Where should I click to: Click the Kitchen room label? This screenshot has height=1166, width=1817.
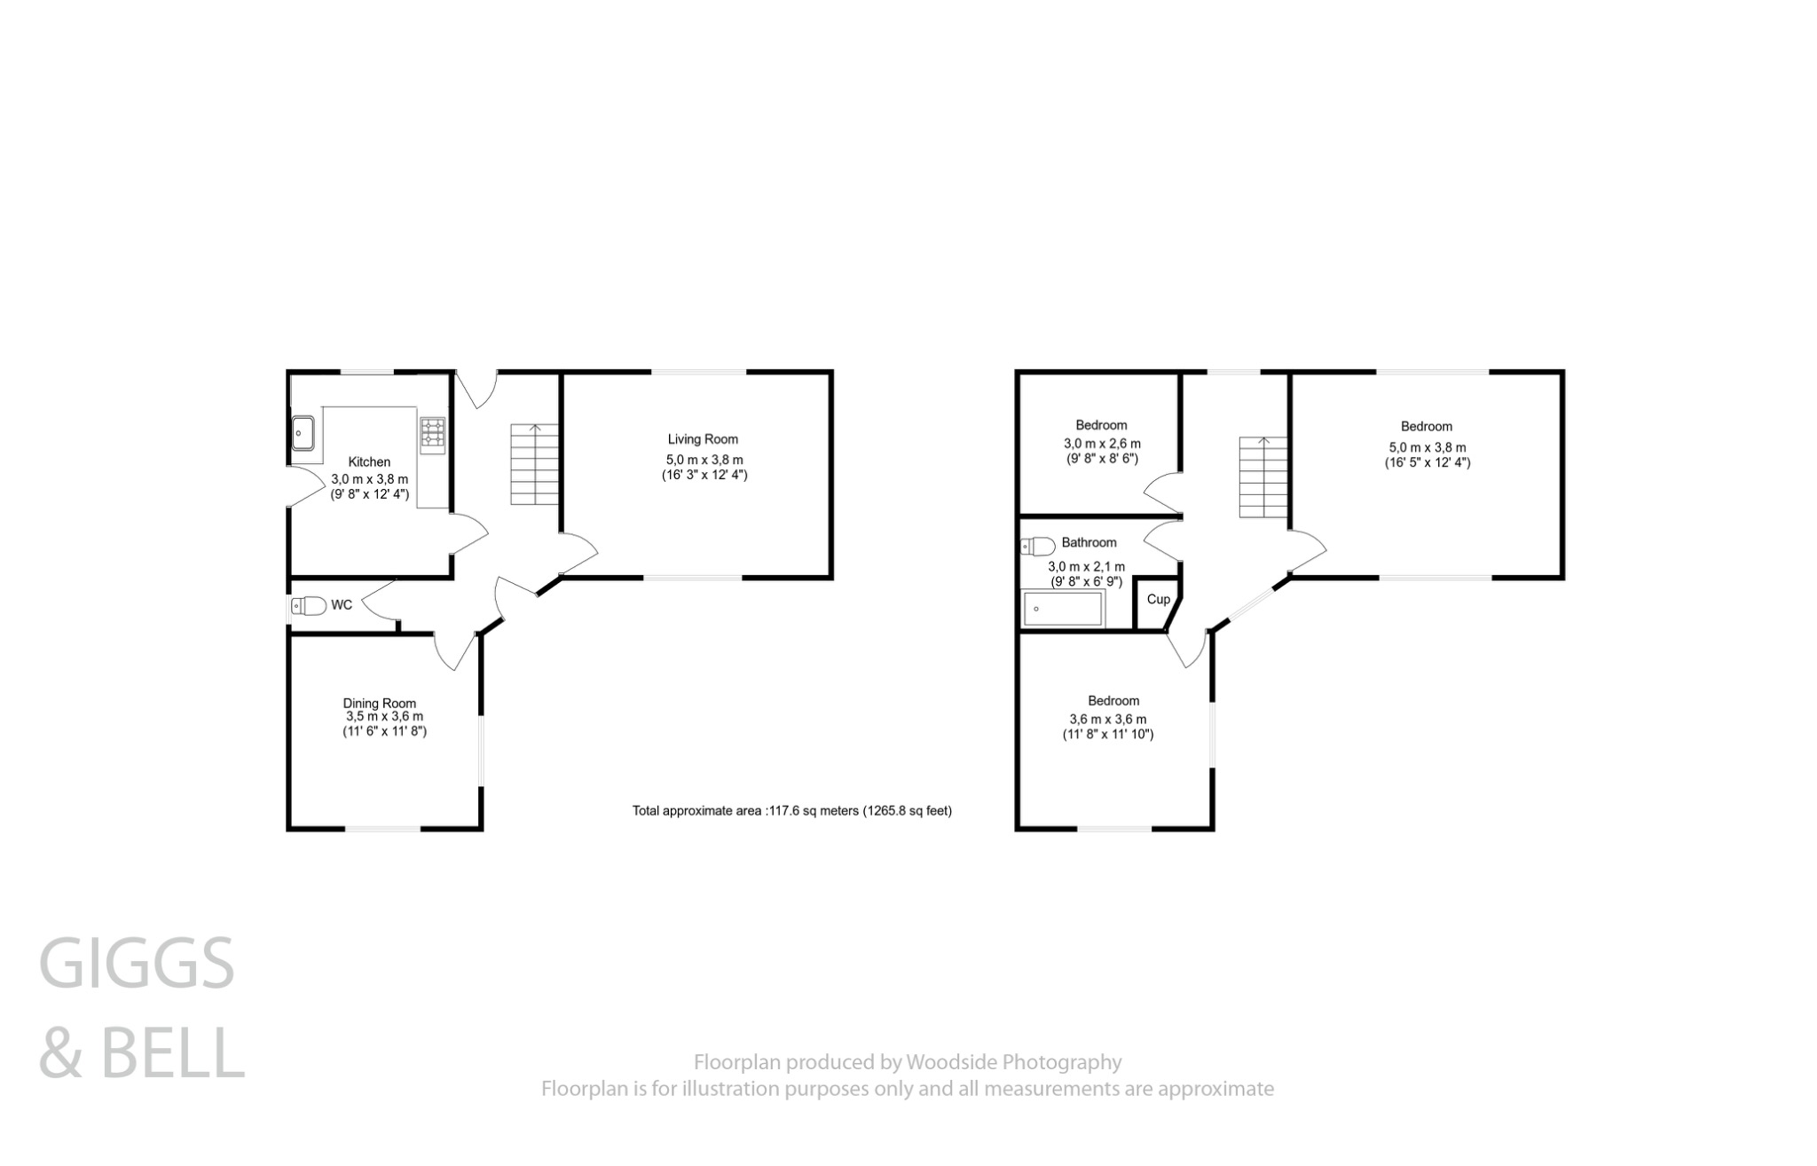[x=368, y=461]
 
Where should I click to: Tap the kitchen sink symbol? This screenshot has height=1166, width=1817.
[x=303, y=434]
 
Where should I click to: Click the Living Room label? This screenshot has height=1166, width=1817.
[x=703, y=439]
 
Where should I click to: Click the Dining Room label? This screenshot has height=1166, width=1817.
[x=380, y=703]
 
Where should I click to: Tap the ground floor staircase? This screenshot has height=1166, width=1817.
[x=534, y=464]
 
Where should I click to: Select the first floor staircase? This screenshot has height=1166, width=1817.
[x=1262, y=477]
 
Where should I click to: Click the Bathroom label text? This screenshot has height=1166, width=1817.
[x=1089, y=542]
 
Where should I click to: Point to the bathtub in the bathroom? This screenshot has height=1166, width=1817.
[x=1063, y=609]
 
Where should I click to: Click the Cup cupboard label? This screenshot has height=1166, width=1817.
[x=1158, y=599]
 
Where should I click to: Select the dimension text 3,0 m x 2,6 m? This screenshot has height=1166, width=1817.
[x=1102, y=444]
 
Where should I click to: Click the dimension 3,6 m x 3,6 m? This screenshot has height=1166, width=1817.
[x=1107, y=720]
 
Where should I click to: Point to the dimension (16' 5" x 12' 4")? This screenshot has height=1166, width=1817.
[x=1427, y=462]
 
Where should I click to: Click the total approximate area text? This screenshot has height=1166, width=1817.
[x=791, y=810]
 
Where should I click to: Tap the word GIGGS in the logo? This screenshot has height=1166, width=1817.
[x=137, y=964]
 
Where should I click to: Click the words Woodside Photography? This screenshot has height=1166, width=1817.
[x=1012, y=1061]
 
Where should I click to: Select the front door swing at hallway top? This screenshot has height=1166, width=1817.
[x=479, y=390]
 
